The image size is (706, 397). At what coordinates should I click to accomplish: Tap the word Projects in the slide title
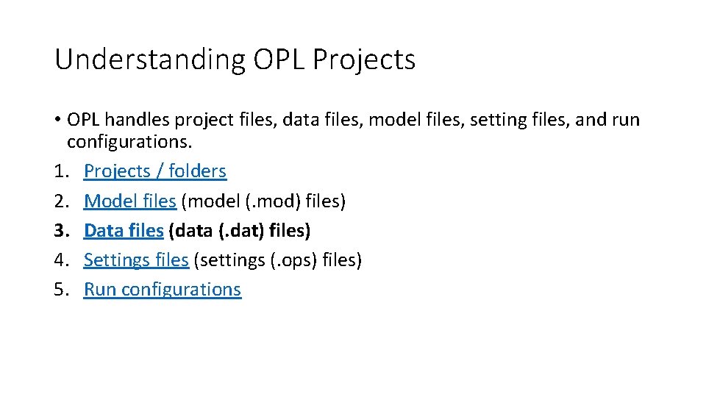tap(364, 60)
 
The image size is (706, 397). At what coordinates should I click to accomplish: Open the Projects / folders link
tap(155, 171)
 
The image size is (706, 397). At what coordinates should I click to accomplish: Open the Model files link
tap(130, 201)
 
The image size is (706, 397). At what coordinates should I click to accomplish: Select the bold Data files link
tap(124, 230)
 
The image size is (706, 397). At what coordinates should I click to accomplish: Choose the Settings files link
tap(136, 260)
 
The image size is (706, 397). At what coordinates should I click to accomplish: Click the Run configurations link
tap(163, 289)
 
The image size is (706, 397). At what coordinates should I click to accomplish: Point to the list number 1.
tap(60, 171)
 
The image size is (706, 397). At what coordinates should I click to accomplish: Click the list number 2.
tap(60, 201)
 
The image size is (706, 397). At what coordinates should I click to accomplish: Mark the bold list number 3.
tap(60, 230)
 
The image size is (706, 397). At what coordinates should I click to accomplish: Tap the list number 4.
tap(60, 260)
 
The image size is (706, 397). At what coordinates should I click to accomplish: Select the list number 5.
tap(60, 289)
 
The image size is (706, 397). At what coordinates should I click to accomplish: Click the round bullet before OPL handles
tap(57, 120)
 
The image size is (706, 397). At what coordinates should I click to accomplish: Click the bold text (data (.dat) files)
tap(240, 230)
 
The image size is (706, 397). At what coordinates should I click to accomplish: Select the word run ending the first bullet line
tap(626, 119)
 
